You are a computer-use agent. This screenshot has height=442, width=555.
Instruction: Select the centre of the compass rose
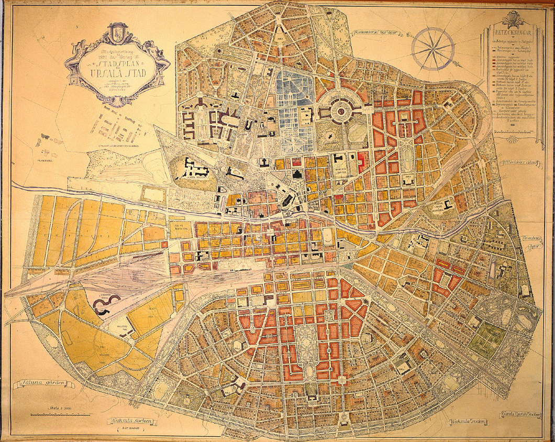click(432, 48)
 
